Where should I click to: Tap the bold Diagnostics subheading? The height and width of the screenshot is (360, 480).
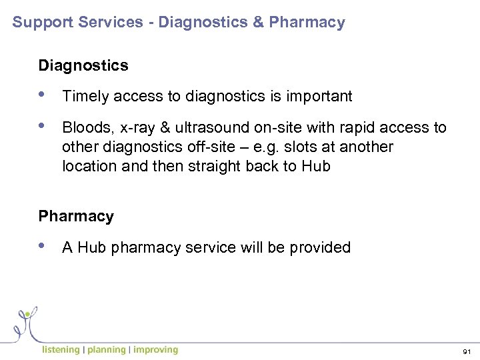(x=83, y=65)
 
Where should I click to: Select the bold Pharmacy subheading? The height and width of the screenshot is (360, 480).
(x=76, y=217)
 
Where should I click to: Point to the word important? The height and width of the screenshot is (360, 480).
(x=319, y=97)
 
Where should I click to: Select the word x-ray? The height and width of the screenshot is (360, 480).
(x=136, y=128)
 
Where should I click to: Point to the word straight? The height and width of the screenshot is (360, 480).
(x=215, y=165)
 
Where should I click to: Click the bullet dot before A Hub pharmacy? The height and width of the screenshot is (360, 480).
(x=44, y=246)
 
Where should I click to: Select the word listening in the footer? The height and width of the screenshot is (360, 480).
(x=61, y=349)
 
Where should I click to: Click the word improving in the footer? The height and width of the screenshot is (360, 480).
(x=156, y=349)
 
